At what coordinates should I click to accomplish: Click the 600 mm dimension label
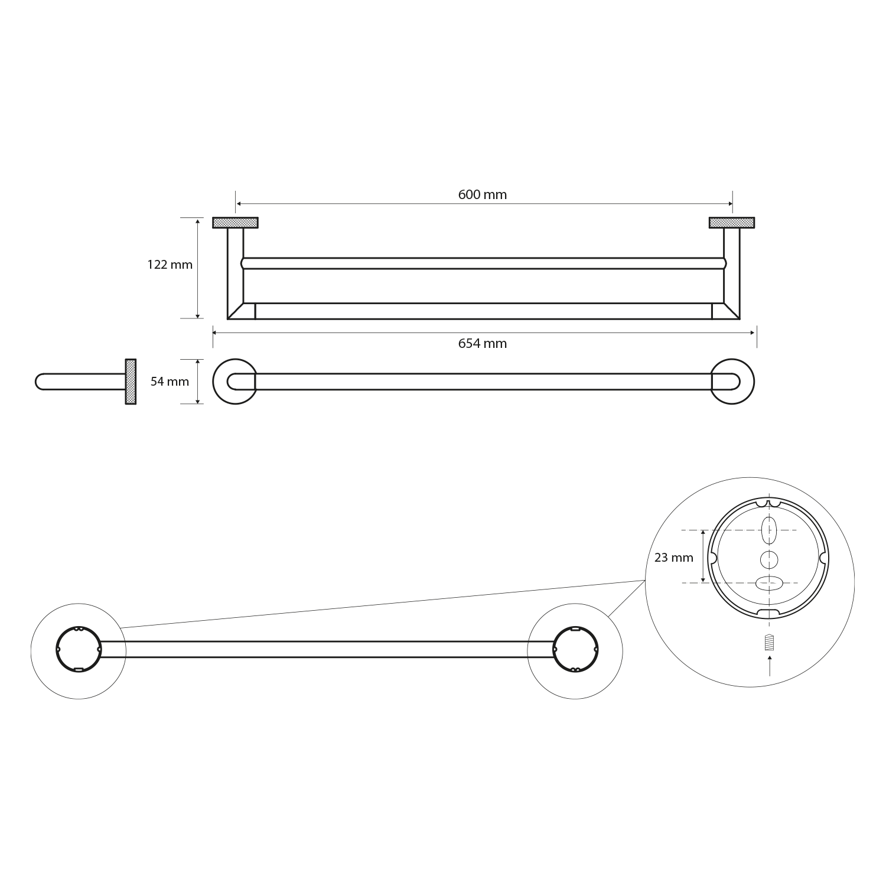coord(483,194)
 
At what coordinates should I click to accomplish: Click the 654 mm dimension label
coord(483,343)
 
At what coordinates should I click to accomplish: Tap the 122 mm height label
coord(170,265)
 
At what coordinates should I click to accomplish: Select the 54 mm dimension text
coord(170,382)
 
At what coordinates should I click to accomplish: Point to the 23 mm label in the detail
coord(674,557)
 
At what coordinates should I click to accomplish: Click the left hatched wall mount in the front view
coord(235,223)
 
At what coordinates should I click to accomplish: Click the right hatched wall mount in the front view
coord(732,223)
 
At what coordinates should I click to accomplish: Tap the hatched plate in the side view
coord(131,382)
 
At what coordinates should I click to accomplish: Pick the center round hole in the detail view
coord(768,559)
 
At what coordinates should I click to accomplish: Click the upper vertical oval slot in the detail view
coord(768,530)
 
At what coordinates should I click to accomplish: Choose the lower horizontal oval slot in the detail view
coord(768,583)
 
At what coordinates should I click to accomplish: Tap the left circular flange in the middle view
coord(234,382)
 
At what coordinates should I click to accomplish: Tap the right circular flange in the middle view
coord(732,382)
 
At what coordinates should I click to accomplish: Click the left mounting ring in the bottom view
coord(79,649)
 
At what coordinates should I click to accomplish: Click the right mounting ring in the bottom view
coord(575,649)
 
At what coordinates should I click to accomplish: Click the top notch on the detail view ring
coord(768,504)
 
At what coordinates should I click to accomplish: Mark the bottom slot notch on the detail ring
coord(768,611)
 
